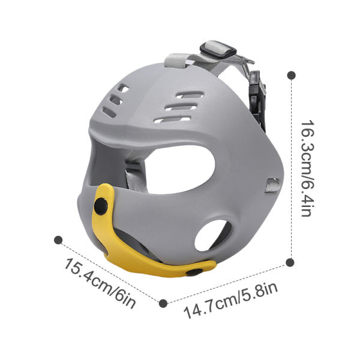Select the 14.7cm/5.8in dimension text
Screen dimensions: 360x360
[x=231, y=302]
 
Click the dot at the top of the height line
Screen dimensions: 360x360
[x=292, y=76]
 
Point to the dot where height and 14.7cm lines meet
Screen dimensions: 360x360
[x=291, y=262]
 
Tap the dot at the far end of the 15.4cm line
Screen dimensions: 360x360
[x=58, y=239]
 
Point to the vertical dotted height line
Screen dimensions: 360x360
[x=292, y=168]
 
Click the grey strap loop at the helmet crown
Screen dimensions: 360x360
[x=180, y=63]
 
